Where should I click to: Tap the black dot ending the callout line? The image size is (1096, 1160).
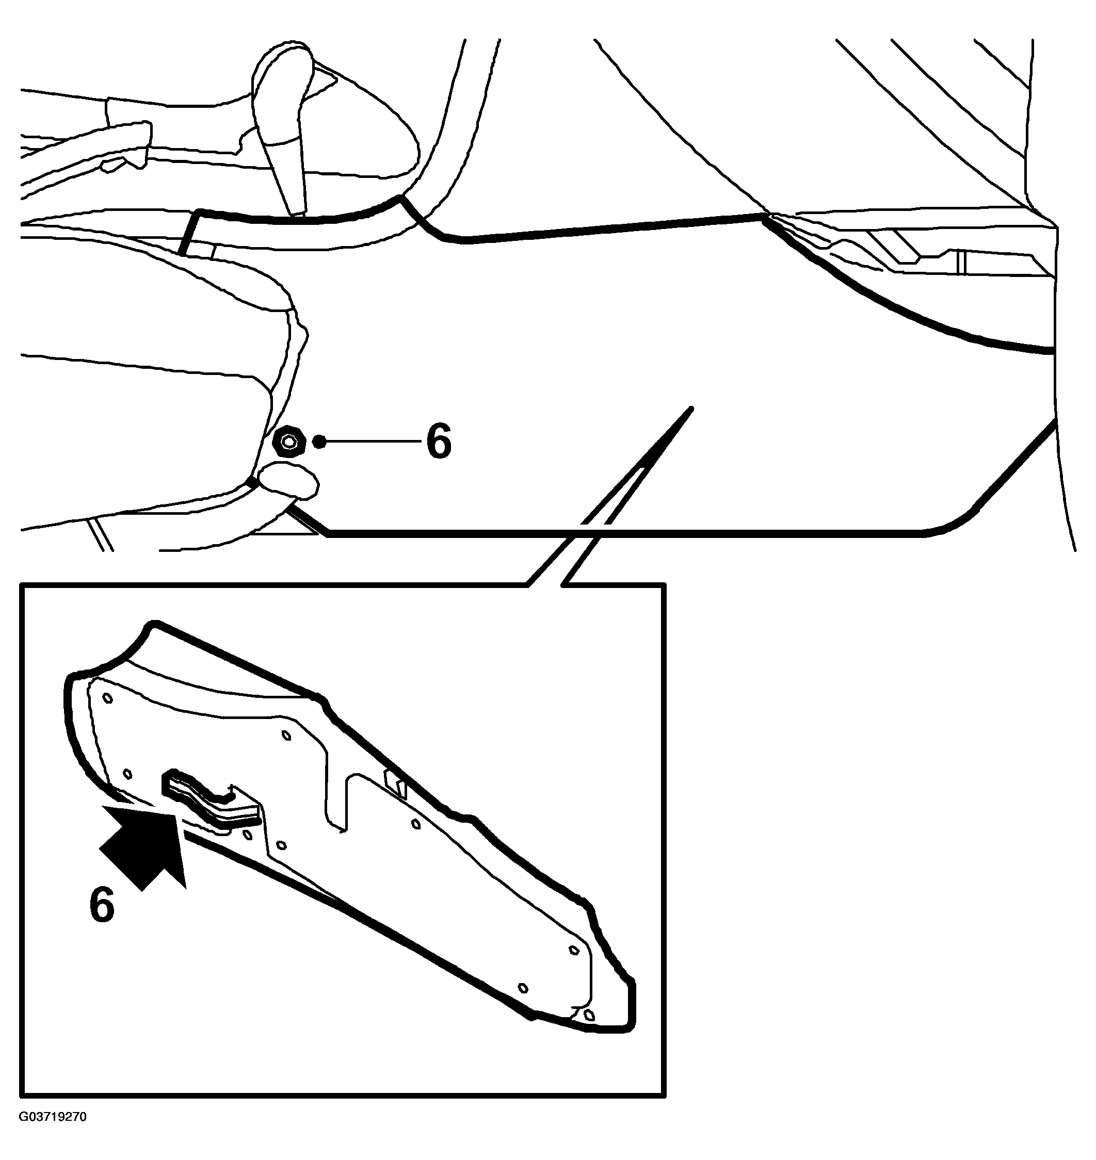click(319, 442)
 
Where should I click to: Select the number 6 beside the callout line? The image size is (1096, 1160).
click(439, 442)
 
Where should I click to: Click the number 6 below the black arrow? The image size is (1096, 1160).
click(102, 905)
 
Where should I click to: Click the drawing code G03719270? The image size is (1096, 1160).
click(53, 1117)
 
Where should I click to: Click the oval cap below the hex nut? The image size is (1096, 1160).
click(288, 479)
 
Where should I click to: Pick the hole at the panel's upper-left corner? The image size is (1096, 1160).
click(107, 697)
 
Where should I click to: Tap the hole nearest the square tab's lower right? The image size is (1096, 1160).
click(416, 824)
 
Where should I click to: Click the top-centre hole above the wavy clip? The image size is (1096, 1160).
click(286, 736)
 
